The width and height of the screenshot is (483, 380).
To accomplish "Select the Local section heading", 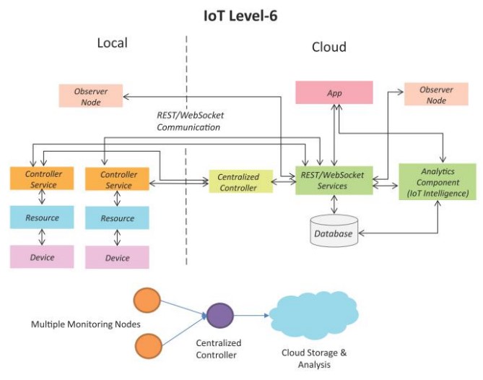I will (x=112, y=43).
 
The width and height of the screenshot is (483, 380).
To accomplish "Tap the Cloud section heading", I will (x=328, y=47).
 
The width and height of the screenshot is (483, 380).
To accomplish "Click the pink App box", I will (x=334, y=93).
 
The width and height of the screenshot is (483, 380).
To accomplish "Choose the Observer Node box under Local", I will (x=90, y=96).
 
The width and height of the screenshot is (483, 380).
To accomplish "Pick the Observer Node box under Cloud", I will (x=436, y=95).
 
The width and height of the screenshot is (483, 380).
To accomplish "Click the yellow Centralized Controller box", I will (x=239, y=182).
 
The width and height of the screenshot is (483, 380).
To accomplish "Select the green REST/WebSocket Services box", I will (x=334, y=180).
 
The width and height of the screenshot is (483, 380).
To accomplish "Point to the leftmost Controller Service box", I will (x=43, y=179).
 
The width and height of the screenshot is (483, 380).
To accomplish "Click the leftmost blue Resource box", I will (x=43, y=217).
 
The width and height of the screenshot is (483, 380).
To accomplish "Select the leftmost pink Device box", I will (x=43, y=256).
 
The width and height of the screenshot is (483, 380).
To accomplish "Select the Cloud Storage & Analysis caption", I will (x=314, y=358).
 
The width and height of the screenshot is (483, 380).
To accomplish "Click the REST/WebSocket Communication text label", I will (x=188, y=121).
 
